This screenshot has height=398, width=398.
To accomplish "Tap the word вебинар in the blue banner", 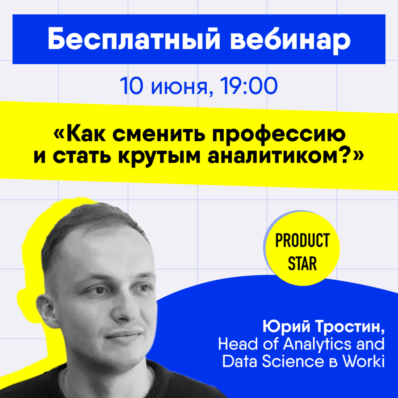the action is [x=290, y=40].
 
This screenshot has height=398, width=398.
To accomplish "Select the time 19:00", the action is [x=249, y=86].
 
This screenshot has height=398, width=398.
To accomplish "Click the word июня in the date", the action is [x=181, y=88].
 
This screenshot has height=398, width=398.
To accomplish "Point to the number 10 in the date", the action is [x=131, y=86].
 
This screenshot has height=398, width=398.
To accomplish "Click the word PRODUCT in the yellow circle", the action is [x=302, y=241].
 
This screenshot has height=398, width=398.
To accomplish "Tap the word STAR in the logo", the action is [x=302, y=263].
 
